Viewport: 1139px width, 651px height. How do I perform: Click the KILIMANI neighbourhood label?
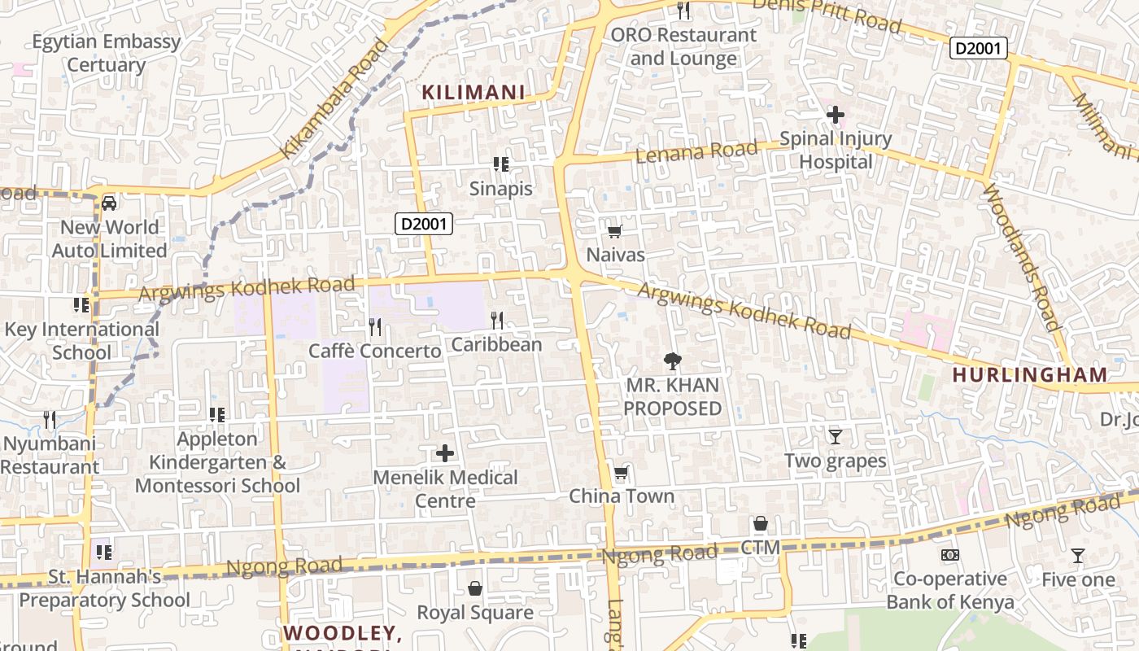[x=473, y=93]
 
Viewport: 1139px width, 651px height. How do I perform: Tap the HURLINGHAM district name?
[x=1029, y=375]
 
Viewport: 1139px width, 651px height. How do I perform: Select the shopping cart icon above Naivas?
[x=615, y=232]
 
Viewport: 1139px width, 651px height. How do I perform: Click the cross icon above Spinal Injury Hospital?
[x=835, y=115]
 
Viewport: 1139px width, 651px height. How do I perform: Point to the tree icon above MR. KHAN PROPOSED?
[x=672, y=360]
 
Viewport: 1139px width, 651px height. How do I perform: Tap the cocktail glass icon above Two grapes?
[x=835, y=437]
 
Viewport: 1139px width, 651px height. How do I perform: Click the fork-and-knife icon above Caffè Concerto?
[x=375, y=327]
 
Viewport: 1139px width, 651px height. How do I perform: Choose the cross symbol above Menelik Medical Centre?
[x=445, y=453]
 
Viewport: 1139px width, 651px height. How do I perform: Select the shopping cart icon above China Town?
[x=622, y=473]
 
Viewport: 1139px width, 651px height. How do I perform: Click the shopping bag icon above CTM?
[x=761, y=523]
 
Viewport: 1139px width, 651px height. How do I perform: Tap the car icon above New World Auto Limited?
[x=109, y=203]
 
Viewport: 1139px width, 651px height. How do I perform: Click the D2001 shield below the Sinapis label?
[x=424, y=224]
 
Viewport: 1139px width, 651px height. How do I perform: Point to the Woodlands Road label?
[x=1023, y=257]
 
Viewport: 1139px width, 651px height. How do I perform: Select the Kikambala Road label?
[x=334, y=98]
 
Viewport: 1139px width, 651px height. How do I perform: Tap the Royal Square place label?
[x=475, y=612]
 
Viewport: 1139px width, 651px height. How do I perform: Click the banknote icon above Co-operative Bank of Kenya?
[x=949, y=555]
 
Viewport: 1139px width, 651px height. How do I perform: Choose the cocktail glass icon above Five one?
[x=1078, y=556]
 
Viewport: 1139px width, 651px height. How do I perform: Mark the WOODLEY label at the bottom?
[x=343, y=633]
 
